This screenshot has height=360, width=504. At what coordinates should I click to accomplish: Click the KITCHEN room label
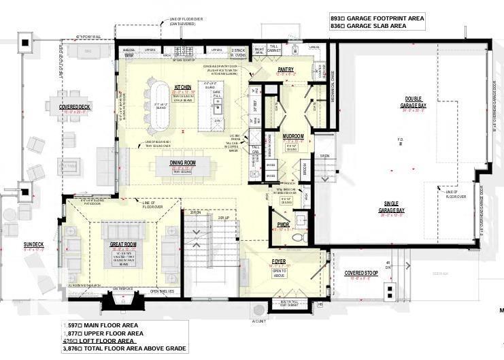(x=182, y=87)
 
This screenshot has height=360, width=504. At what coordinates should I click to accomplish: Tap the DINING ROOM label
(x=182, y=163)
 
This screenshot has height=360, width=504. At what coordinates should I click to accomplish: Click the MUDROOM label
(x=293, y=136)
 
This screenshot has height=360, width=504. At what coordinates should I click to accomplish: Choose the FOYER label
(x=280, y=259)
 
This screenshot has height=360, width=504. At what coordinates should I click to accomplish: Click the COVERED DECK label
(x=73, y=107)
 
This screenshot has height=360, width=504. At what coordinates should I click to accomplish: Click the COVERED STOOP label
(x=361, y=273)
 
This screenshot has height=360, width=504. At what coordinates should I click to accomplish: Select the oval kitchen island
(x=158, y=106)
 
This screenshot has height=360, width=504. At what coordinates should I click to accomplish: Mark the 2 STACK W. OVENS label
(x=238, y=52)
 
